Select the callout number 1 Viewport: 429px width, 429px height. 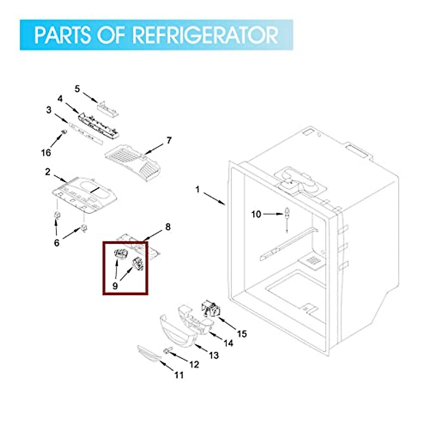point(198,189)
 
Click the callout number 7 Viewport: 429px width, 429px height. point(169,140)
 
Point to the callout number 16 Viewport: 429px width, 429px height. point(46,153)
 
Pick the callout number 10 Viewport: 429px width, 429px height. point(256,214)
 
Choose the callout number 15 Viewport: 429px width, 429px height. point(242,334)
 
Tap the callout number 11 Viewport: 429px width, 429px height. point(179,375)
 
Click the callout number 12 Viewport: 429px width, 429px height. point(194,364)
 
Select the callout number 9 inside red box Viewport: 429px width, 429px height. point(115,286)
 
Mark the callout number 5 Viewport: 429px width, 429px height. point(78,89)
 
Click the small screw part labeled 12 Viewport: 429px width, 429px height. point(167,351)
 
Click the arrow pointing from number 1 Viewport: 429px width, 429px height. point(215,199)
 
